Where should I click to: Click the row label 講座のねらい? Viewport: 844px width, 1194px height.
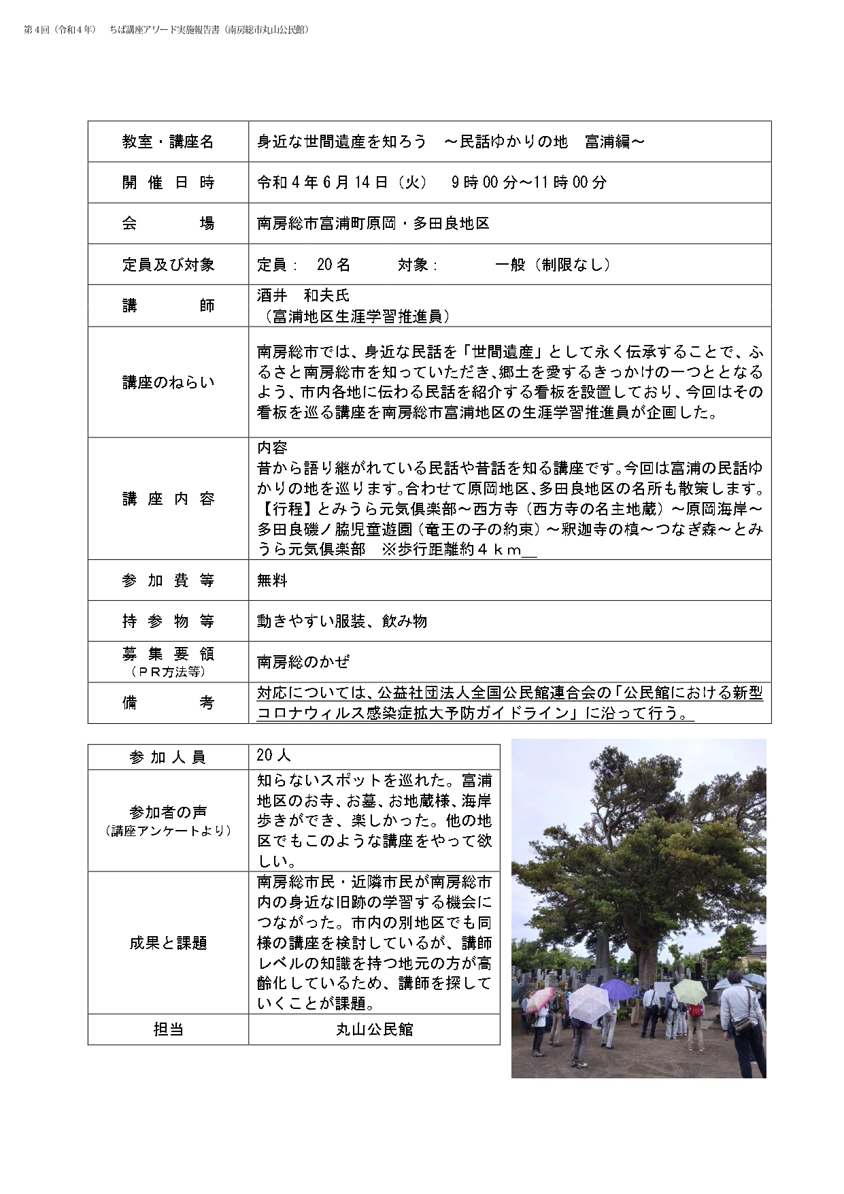pyautogui.click(x=168, y=382)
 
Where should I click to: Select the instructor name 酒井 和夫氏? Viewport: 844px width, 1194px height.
pyautogui.click(x=303, y=295)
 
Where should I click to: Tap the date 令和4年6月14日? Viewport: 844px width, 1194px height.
pyautogui.click(x=341, y=182)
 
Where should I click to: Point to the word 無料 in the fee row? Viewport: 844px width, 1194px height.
pyautogui.click(x=272, y=580)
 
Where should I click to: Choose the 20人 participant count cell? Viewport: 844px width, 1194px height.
pyautogui.click(x=273, y=755)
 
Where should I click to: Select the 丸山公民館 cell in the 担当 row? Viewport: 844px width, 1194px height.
pyautogui.click(x=374, y=1029)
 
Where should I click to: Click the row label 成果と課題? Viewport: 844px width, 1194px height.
pyautogui.click(x=168, y=943)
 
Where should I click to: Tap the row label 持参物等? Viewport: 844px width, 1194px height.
pyautogui.click(x=168, y=621)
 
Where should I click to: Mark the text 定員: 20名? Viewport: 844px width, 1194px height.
pyautogui.click(x=303, y=265)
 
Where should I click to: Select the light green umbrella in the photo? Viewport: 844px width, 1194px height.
pyautogui.click(x=689, y=992)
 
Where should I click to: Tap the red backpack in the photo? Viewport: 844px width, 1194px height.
pyautogui.click(x=695, y=1010)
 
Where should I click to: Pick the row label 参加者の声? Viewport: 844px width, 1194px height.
pyautogui.click(x=168, y=812)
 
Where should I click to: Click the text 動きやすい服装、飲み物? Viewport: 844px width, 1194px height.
pyautogui.click(x=341, y=621)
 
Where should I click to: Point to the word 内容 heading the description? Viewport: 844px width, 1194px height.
pyautogui.click(x=272, y=448)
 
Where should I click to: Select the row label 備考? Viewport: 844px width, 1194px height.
pyautogui.click(x=168, y=703)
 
